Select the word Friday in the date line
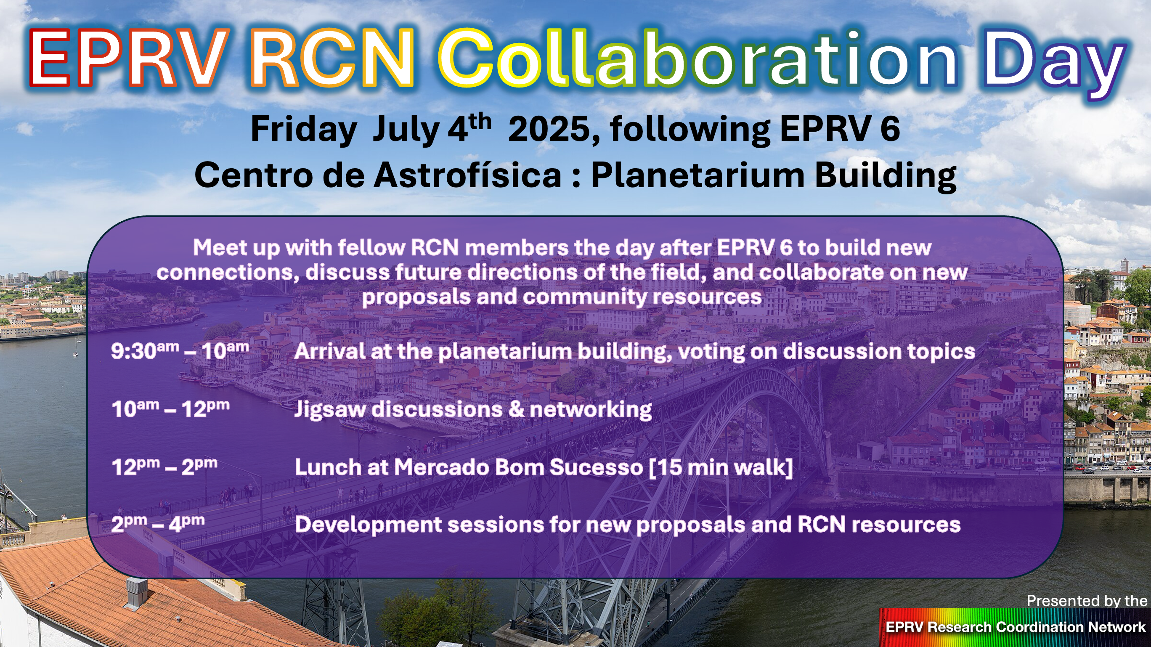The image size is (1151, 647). pos(303,130)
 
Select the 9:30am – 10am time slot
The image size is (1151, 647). pos(180,351)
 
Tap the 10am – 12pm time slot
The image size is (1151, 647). pos(171,409)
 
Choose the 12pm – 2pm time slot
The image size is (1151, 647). pos(164,467)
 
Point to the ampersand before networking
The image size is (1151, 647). pos(516,409)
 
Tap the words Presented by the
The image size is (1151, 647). pos(1087,601)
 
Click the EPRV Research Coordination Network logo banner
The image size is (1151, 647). pos(1014,627)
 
